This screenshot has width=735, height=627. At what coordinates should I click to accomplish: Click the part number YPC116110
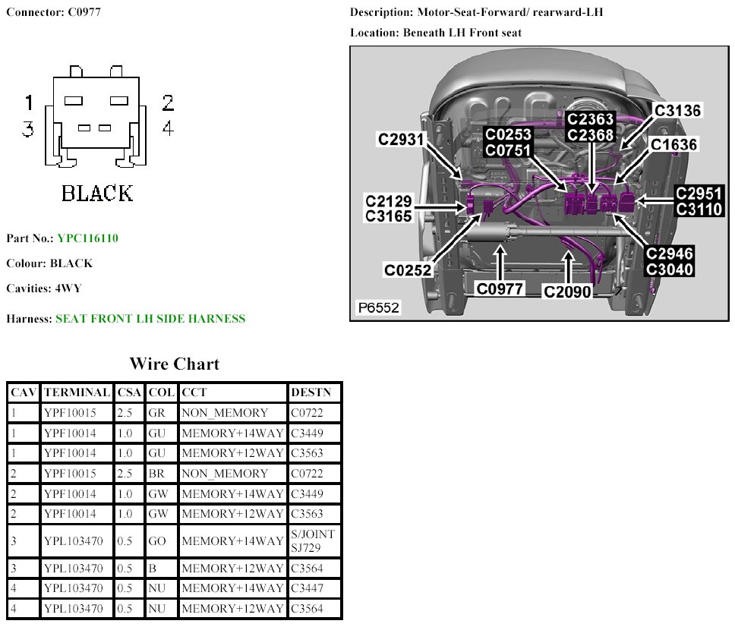[87, 238]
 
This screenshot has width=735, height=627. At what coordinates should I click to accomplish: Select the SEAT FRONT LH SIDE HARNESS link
[150, 319]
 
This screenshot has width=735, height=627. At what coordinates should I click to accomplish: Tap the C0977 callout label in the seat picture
[500, 289]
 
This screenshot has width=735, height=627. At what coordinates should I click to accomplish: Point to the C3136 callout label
[678, 111]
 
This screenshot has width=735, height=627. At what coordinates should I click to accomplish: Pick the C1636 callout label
[673, 144]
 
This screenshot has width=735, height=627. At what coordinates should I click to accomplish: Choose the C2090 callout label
[568, 291]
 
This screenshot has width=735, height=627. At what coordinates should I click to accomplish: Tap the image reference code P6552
[379, 308]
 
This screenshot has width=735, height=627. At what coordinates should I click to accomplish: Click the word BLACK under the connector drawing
[97, 194]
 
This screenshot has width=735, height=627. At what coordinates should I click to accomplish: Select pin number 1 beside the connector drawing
[29, 102]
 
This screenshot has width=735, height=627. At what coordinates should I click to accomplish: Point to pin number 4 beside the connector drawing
[168, 128]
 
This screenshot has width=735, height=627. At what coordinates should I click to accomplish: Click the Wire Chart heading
[174, 364]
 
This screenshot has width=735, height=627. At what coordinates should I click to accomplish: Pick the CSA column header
[129, 392]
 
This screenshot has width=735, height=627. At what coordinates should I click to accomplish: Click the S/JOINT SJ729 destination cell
[313, 540]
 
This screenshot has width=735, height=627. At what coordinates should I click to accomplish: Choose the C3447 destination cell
[307, 588]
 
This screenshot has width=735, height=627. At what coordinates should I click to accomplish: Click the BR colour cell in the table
[157, 474]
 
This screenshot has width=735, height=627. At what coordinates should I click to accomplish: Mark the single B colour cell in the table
[153, 569]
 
